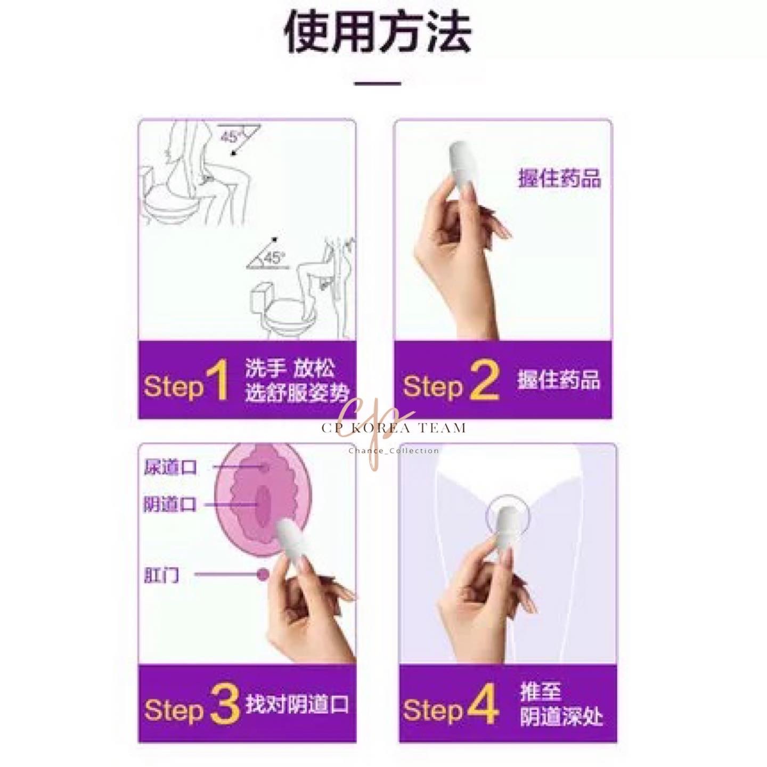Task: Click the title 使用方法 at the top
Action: pos(378,33)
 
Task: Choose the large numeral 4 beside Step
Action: pos(483,704)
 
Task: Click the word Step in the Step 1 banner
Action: pos(174,386)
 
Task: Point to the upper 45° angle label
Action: pos(231,136)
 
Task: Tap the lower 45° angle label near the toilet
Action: pos(273,258)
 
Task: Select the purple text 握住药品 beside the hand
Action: pos(559,178)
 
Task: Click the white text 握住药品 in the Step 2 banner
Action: pos(559,380)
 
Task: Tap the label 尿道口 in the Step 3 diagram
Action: pos(170,468)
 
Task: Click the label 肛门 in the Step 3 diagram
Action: pos(161,575)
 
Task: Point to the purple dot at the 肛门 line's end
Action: pos(263,575)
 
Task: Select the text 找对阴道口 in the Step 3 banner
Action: pos(297,704)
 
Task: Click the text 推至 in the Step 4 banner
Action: pos(540,691)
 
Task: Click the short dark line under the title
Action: pos(378,84)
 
